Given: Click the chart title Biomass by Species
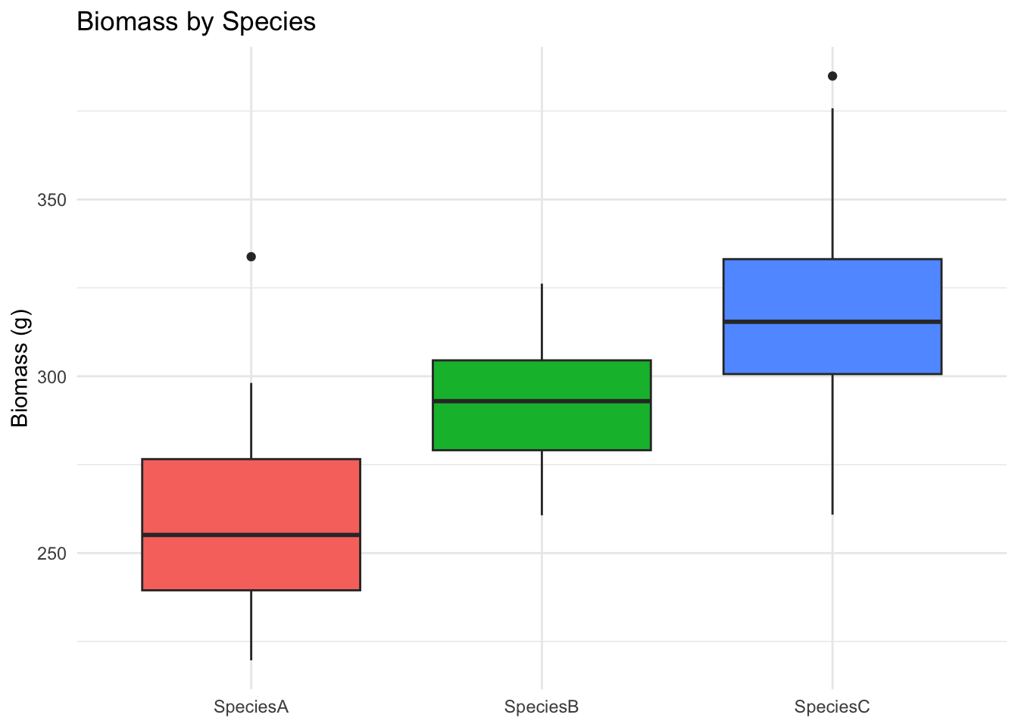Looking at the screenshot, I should click(196, 21).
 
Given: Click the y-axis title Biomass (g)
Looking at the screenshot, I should click(20, 368).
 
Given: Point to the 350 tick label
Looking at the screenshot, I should click(52, 200).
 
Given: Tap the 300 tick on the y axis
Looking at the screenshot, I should click(52, 376).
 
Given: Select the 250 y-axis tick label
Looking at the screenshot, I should click(52, 554).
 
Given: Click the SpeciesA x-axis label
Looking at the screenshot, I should click(251, 707).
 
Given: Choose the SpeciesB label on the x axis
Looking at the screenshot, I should click(542, 707).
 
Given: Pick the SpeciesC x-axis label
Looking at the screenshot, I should click(832, 707).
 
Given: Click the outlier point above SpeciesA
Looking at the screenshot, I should click(251, 257).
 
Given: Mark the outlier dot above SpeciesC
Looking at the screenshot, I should click(832, 76).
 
